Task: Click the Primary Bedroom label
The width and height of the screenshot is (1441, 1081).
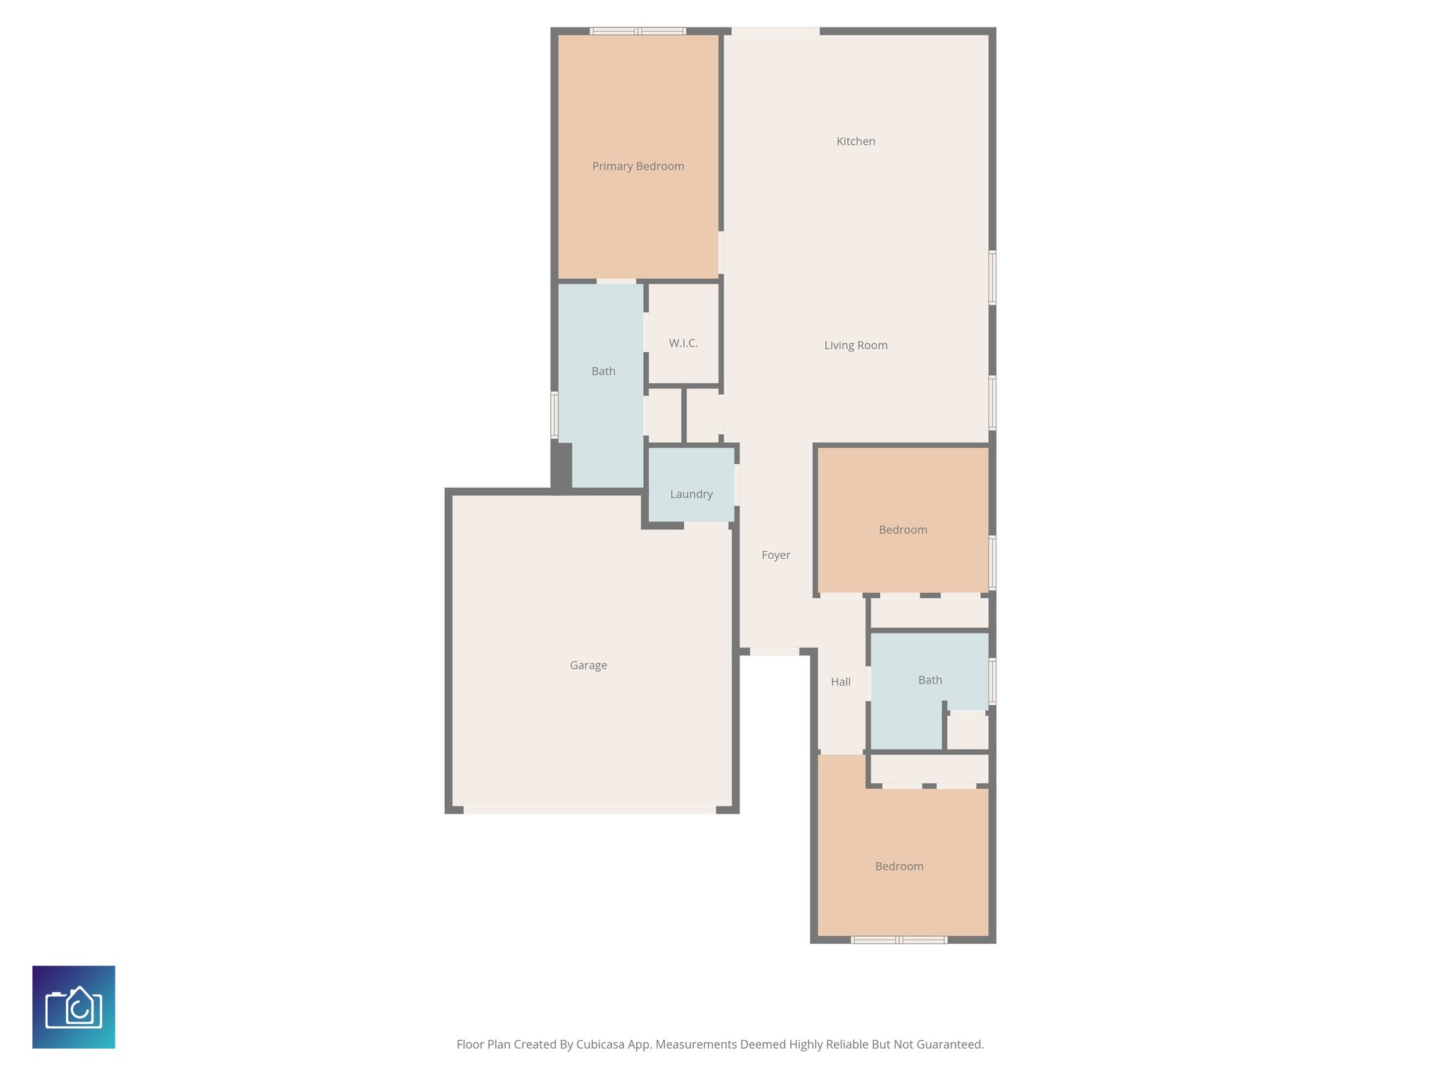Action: click(x=638, y=166)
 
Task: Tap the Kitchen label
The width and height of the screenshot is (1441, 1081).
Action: click(x=856, y=141)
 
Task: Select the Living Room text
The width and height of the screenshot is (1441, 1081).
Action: click(x=856, y=346)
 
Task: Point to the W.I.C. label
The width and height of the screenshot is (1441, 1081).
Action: click(x=683, y=343)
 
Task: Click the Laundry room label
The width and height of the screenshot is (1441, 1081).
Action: click(x=691, y=494)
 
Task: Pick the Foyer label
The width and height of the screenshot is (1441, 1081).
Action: click(x=775, y=555)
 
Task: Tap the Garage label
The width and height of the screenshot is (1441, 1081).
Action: click(x=588, y=665)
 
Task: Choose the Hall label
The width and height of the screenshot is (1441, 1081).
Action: click(x=840, y=682)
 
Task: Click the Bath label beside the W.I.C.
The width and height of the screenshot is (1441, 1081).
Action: click(x=603, y=372)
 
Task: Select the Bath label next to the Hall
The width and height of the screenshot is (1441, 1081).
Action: click(x=929, y=680)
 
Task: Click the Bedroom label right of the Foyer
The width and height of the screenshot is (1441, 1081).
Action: click(x=903, y=530)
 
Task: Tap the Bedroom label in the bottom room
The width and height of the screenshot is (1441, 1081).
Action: click(x=899, y=866)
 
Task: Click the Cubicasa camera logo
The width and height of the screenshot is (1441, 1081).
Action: click(x=74, y=1007)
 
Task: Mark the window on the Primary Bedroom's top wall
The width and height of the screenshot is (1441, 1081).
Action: click(x=637, y=31)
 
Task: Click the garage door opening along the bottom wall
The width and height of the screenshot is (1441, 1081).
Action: click(x=590, y=810)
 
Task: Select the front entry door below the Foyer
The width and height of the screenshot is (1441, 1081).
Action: click(x=774, y=652)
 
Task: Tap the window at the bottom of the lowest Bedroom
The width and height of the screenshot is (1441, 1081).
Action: click(x=899, y=940)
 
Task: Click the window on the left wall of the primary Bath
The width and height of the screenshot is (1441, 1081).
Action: click(x=554, y=415)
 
